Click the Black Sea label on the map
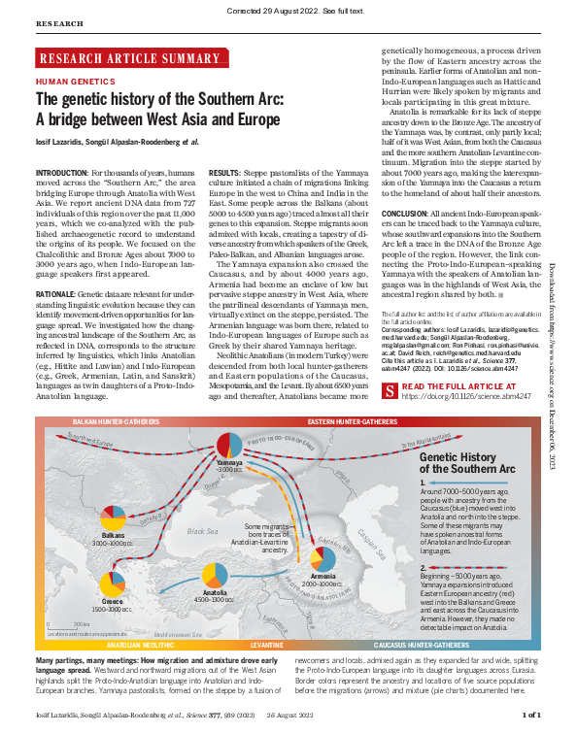tap(203, 531)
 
